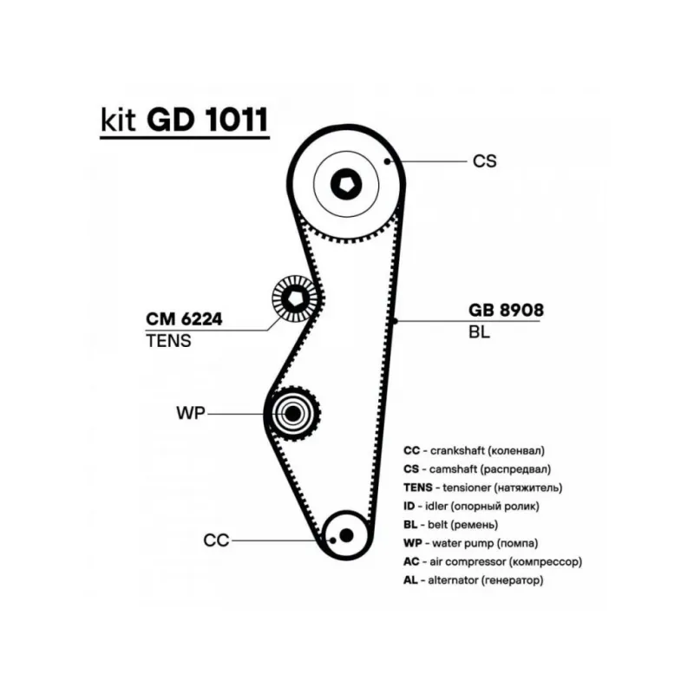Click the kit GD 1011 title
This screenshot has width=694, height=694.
pos(185,120)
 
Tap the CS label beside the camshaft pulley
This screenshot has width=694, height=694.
pos(485,161)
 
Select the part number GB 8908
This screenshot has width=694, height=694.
pos(506,311)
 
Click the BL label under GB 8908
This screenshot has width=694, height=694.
pos(479,332)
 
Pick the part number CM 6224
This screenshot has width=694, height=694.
pos(184,319)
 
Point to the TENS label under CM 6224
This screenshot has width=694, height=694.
pos(168,341)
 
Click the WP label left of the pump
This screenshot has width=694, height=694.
pos(191,414)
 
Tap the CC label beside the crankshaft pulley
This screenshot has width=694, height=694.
pos(216,540)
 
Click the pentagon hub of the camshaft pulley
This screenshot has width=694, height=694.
pos(346,185)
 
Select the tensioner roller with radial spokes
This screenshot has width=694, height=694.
pos(294,298)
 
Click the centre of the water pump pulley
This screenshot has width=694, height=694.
pos(292,414)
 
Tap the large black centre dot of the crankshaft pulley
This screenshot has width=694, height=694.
pos(346,535)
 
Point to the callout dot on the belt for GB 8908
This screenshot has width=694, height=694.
pos(396,321)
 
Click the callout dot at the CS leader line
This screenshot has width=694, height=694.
pos(387,161)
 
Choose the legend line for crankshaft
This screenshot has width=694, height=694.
pos(474,451)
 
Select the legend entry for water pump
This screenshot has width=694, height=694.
pos(471,543)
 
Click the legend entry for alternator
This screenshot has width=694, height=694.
pos(473,580)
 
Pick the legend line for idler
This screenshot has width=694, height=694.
pos(471,507)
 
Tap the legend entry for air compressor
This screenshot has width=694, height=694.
pos(493,561)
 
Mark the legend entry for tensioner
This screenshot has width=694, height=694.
pos(483,488)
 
